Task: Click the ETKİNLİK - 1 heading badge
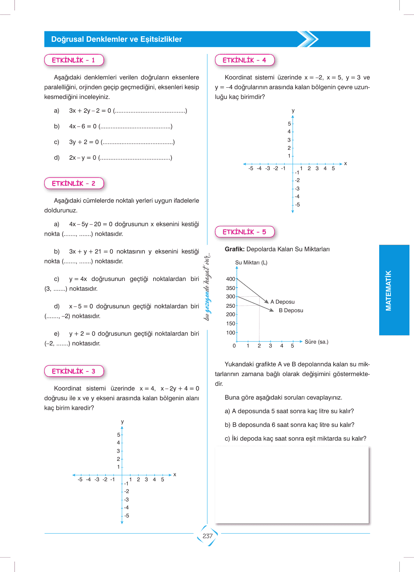coord(74,60)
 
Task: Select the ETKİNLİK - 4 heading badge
coord(244,60)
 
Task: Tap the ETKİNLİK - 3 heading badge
coord(74,371)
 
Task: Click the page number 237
coord(208,536)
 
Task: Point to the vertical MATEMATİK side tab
coord(389,290)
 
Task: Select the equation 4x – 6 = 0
coord(83,126)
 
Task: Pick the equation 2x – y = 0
coord(83,158)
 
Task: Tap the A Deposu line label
coord(282,302)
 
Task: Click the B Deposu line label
coord(291,311)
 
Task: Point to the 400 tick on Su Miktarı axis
coord(231,279)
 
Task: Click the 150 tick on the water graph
coord(231,324)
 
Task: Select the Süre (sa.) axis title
coord(316,342)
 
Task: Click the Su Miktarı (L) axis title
coord(251,263)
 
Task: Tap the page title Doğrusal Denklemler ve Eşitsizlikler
coord(117,39)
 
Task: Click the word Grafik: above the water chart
coord(235,249)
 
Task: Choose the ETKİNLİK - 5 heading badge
coord(244,232)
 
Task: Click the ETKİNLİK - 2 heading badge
coord(74,183)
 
